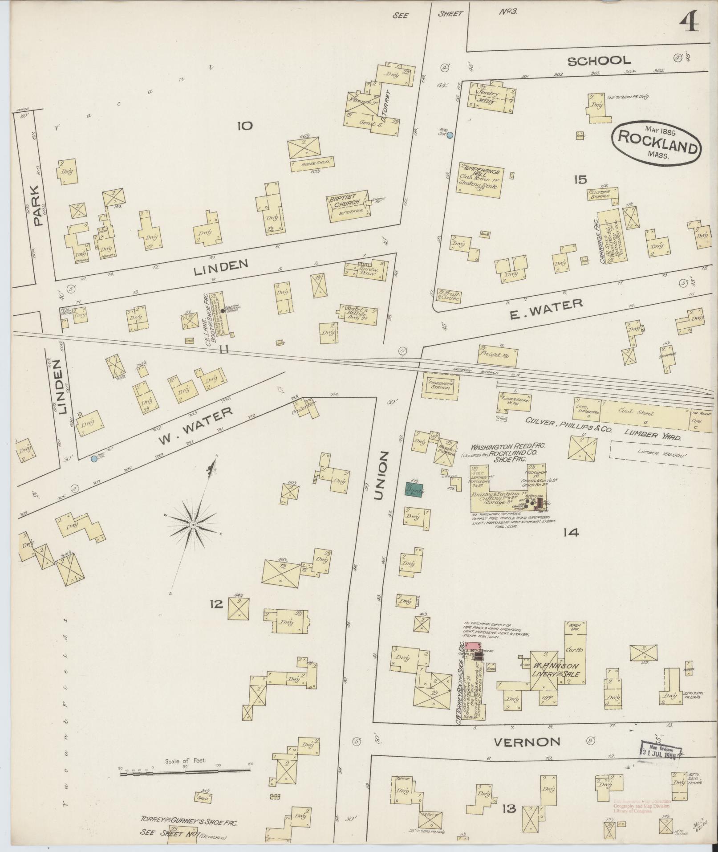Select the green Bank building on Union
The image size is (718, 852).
414,489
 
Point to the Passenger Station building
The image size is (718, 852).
440,384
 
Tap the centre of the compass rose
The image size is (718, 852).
194,526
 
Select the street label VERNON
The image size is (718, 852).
527,742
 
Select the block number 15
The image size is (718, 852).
580,180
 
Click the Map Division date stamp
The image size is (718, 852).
661,752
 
